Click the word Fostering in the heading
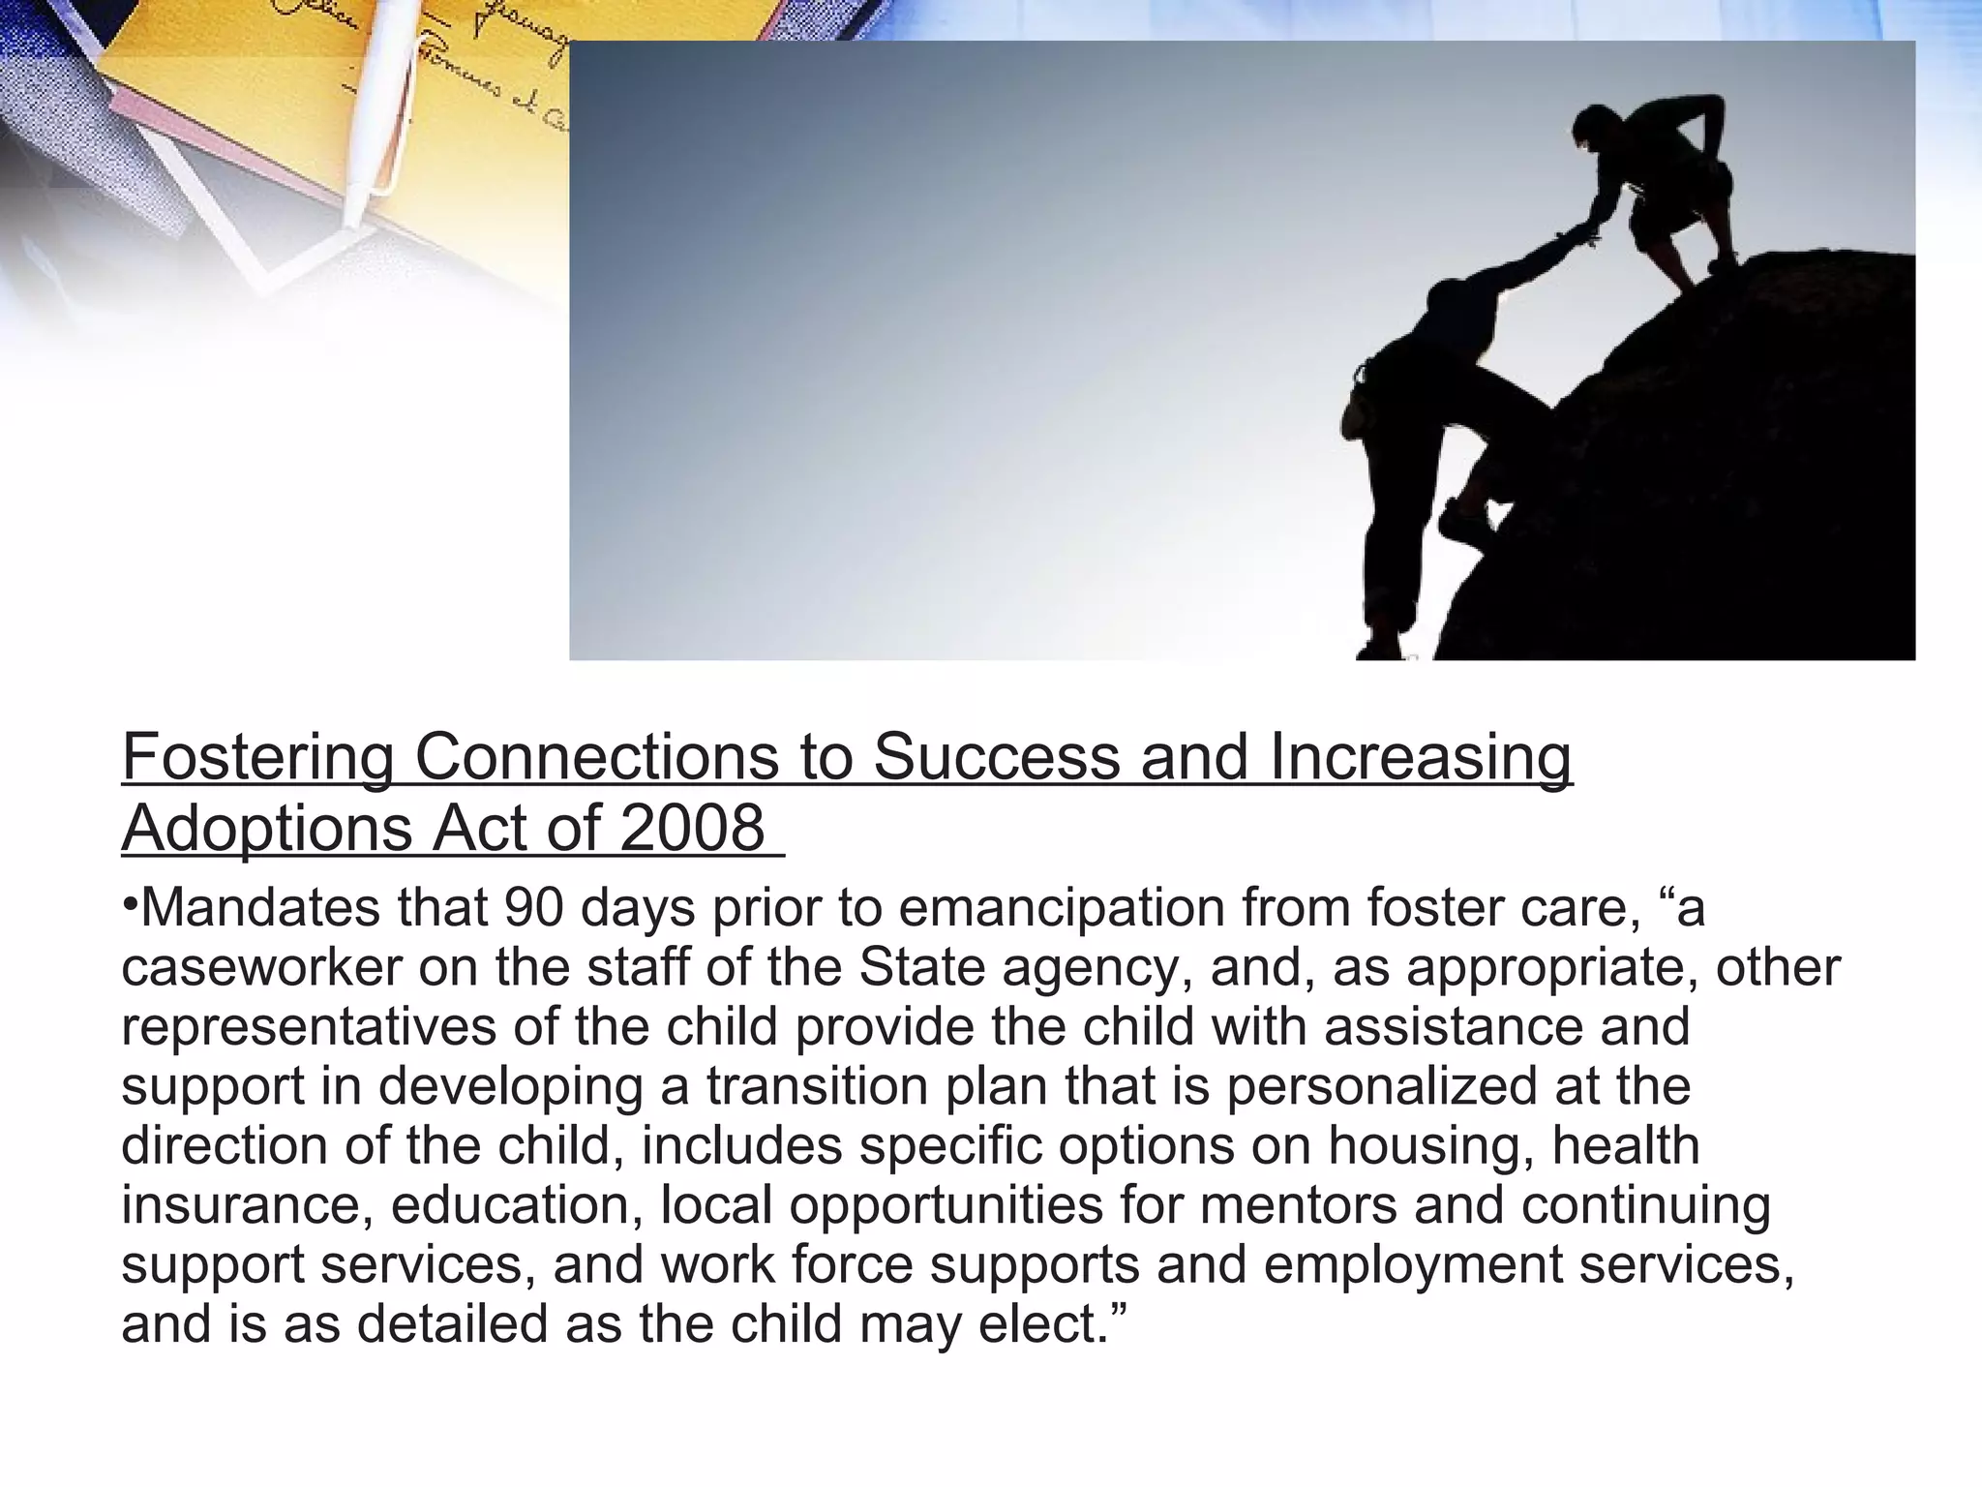tap(257, 757)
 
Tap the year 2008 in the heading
tap(692, 829)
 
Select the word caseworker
tap(261, 967)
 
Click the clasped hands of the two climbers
tap(1579, 235)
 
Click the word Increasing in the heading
tap(1421, 757)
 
